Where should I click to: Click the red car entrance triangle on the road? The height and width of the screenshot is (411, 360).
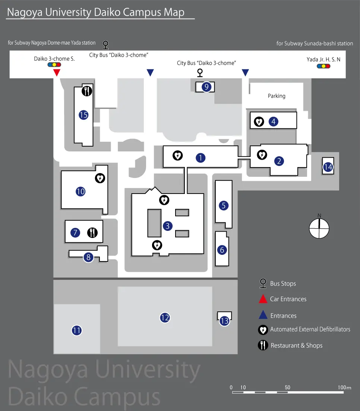tap(56, 73)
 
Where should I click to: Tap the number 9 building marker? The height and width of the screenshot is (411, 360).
tap(206, 87)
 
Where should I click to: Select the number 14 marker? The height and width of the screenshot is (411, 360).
tap(328, 167)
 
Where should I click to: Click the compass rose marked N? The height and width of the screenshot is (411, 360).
tap(319, 228)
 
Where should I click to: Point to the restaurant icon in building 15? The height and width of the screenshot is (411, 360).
tap(87, 91)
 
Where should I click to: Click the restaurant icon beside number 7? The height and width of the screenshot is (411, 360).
tap(92, 233)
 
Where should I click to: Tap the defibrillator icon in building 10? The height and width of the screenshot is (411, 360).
tap(100, 178)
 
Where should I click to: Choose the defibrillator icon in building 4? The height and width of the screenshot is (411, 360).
tap(259, 122)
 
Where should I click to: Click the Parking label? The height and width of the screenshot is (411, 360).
tap(277, 96)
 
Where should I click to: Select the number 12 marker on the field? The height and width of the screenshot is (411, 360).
tap(165, 318)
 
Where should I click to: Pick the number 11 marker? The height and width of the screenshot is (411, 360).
tap(77, 330)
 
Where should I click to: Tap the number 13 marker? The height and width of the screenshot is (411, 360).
tap(224, 321)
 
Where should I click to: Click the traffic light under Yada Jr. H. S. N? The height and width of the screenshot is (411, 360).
tap(323, 66)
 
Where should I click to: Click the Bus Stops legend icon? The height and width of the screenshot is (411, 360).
tap(263, 283)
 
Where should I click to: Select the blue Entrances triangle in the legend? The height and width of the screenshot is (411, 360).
tap(263, 315)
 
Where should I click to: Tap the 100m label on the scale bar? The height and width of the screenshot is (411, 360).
tap(344, 388)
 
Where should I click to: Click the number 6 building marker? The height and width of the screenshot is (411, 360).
tap(222, 250)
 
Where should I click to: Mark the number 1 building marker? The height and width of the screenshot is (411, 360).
tap(200, 158)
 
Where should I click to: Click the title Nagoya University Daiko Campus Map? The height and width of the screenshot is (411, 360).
tap(96, 12)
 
